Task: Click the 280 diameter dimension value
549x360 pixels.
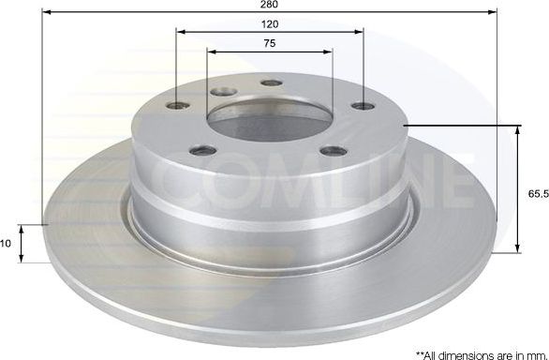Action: [269, 5]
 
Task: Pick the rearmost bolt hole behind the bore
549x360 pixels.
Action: [269, 83]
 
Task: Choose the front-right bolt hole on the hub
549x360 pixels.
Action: [328, 150]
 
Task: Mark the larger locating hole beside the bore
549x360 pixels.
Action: [222, 92]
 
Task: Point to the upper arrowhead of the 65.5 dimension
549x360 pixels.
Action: [517, 130]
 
